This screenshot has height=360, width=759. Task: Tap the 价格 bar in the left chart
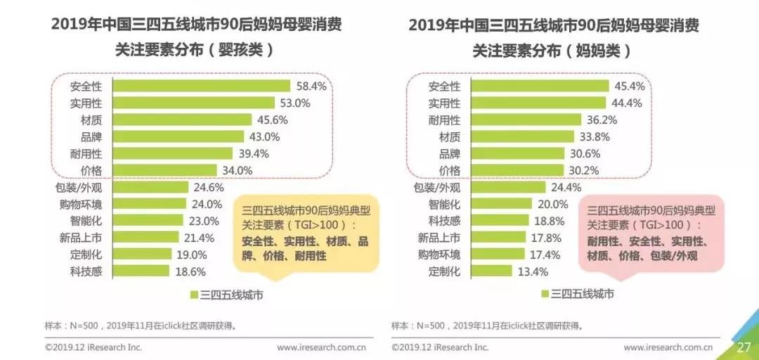[165, 170]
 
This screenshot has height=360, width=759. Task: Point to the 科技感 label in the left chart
[86, 271]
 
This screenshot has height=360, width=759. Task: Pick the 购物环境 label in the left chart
[81, 204]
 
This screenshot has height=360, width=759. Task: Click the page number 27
[744, 347]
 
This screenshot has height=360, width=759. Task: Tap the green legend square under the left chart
[193, 295]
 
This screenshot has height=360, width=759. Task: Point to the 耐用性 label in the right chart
[444, 120]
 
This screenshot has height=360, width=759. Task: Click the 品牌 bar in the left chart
[179, 136]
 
